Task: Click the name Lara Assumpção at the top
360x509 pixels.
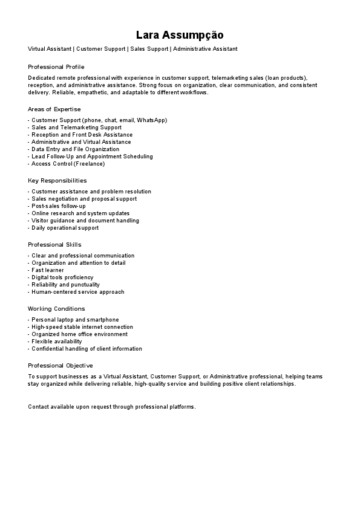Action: [x=180, y=35]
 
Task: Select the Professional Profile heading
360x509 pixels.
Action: [x=56, y=66]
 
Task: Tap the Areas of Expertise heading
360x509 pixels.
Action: [x=54, y=109]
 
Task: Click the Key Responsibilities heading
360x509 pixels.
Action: [x=57, y=181]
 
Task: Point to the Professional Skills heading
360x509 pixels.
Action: [x=54, y=245]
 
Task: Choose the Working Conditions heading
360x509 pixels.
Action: [x=56, y=309]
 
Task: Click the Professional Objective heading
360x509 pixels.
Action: [x=61, y=366]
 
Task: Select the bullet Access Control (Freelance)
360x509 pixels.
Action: [x=68, y=164]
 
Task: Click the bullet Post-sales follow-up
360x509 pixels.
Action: [x=58, y=206]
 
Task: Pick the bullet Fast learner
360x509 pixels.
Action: [x=47, y=270]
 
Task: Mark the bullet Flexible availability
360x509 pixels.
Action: [x=56, y=342]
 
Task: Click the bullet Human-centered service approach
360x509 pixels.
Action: [x=77, y=292]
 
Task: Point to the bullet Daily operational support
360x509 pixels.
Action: [x=65, y=228]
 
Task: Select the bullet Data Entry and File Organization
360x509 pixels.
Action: [x=75, y=149]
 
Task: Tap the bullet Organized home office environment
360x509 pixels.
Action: [x=79, y=334]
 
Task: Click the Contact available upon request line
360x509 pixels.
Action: [x=112, y=407]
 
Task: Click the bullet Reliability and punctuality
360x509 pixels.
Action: [x=65, y=285]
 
